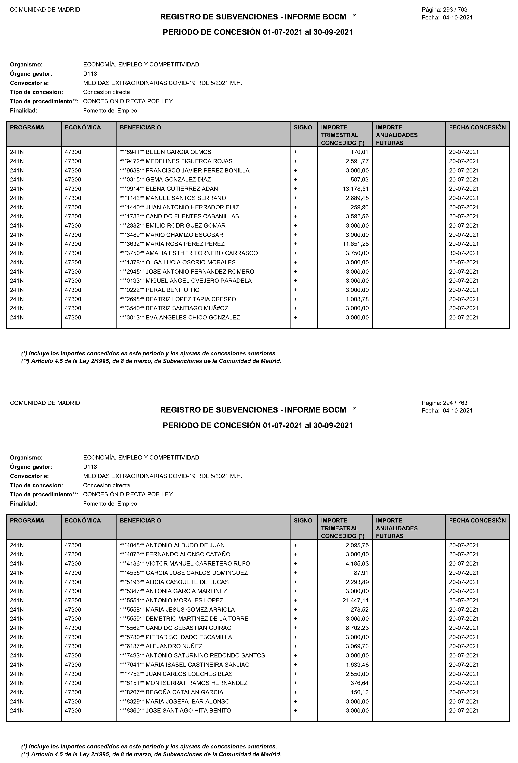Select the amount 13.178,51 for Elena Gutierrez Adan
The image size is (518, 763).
(x=355, y=189)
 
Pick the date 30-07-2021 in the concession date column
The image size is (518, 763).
(x=464, y=253)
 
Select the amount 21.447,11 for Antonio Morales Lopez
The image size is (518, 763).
(x=355, y=600)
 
